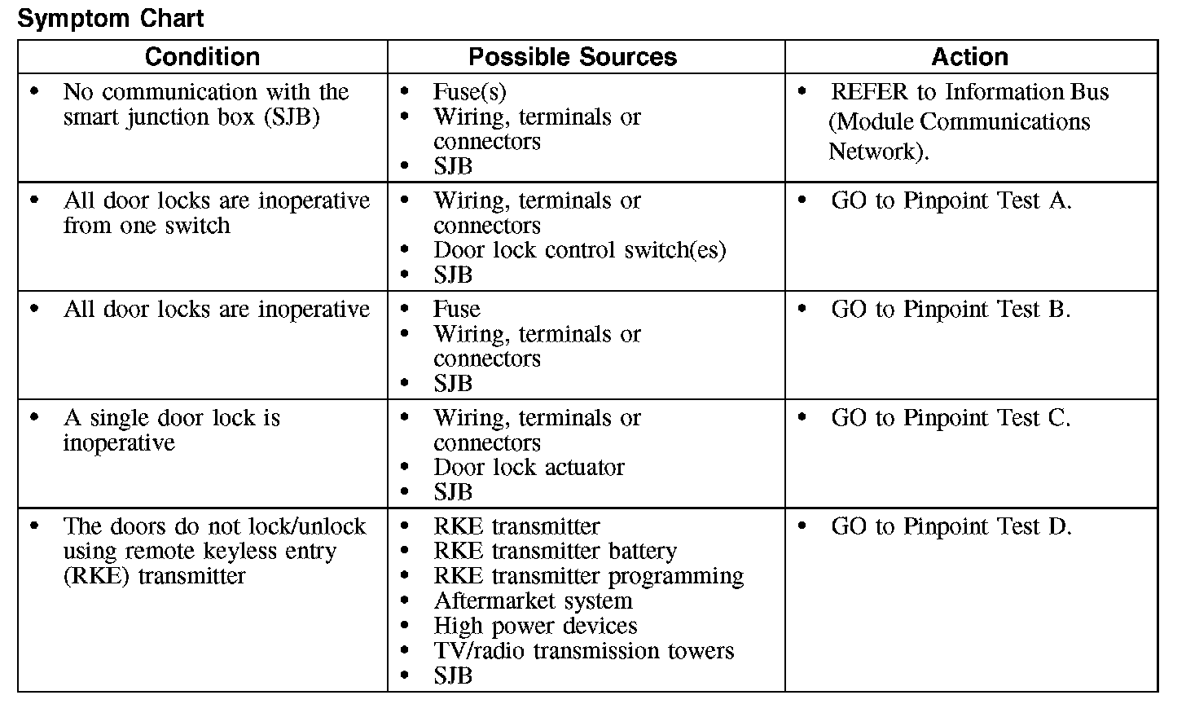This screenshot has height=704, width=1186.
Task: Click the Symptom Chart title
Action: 111,18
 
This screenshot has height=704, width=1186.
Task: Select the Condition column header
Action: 202,57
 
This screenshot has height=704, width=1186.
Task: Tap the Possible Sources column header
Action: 573,57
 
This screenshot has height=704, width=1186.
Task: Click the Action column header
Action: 969,57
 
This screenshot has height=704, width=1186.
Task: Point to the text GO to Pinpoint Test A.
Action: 951,200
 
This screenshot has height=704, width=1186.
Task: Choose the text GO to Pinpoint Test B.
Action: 951,310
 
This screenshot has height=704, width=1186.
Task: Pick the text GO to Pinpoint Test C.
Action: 951,418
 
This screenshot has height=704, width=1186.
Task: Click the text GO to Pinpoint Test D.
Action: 951,526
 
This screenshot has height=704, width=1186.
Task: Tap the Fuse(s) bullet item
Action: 469,92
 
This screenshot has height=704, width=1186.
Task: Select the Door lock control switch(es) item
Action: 579,250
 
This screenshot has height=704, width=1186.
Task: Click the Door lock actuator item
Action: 529,468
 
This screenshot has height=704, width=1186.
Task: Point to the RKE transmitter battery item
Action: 555,552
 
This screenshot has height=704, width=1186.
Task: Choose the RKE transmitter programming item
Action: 588,576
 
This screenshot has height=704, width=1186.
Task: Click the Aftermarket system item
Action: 533,601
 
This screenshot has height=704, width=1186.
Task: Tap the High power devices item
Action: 535,626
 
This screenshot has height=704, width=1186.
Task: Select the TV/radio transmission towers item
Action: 583,651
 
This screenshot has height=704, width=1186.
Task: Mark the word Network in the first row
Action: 876,152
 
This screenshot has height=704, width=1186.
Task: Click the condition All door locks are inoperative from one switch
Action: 216,213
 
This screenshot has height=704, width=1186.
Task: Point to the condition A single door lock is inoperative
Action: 171,430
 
